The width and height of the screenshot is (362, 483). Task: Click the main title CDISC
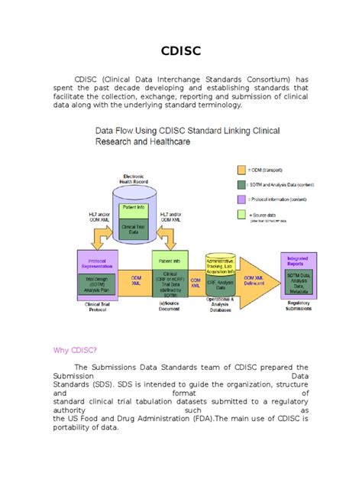(180, 52)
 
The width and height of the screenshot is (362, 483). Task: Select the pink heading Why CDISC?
(75, 351)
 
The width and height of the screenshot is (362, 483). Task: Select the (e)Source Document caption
(170, 306)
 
